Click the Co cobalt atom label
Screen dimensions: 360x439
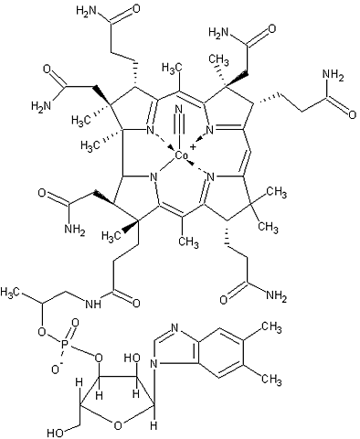(183, 156)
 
